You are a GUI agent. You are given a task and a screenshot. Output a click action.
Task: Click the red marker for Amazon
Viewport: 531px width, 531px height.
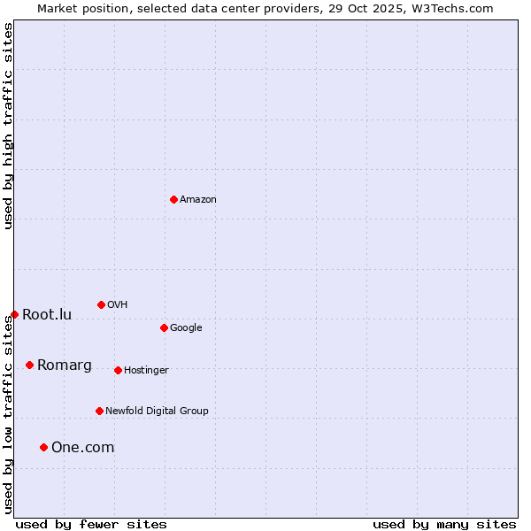[173, 199]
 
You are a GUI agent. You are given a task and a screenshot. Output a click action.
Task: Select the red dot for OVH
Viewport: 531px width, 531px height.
[101, 304]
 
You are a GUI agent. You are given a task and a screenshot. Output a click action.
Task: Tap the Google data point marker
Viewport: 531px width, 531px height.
[164, 327]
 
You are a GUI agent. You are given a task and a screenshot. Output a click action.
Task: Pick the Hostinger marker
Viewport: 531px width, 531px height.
[118, 370]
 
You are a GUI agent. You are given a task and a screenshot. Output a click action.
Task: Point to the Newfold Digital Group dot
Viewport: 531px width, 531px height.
[99, 411]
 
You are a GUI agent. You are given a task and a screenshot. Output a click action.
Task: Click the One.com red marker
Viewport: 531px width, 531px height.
[43, 447]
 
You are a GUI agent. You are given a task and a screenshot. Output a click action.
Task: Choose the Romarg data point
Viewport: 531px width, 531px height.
[29, 365]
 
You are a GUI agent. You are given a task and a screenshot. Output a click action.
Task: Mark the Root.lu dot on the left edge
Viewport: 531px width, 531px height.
[14, 314]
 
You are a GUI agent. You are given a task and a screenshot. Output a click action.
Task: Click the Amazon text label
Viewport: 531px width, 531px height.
[198, 200]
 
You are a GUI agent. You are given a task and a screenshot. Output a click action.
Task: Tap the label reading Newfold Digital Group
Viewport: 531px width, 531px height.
[157, 411]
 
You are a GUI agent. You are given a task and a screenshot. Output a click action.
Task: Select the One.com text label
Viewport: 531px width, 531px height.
[82, 447]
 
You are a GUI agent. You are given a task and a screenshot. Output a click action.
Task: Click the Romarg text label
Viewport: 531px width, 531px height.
[64, 365]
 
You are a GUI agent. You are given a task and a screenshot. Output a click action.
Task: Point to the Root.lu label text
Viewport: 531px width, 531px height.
[47, 314]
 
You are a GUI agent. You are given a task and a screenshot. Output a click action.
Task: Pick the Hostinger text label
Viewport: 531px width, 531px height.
[146, 370]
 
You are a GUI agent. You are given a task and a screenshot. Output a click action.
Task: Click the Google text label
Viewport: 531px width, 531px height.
[186, 327]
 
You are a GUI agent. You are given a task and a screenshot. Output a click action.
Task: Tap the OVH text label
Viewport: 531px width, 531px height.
[117, 304]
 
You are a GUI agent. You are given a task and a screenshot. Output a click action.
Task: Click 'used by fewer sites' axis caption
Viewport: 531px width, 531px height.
[91, 524]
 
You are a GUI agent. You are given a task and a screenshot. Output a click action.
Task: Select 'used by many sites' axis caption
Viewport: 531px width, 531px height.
[444, 524]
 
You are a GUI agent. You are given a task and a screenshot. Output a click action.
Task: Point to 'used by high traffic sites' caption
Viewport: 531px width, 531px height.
[8, 126]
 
